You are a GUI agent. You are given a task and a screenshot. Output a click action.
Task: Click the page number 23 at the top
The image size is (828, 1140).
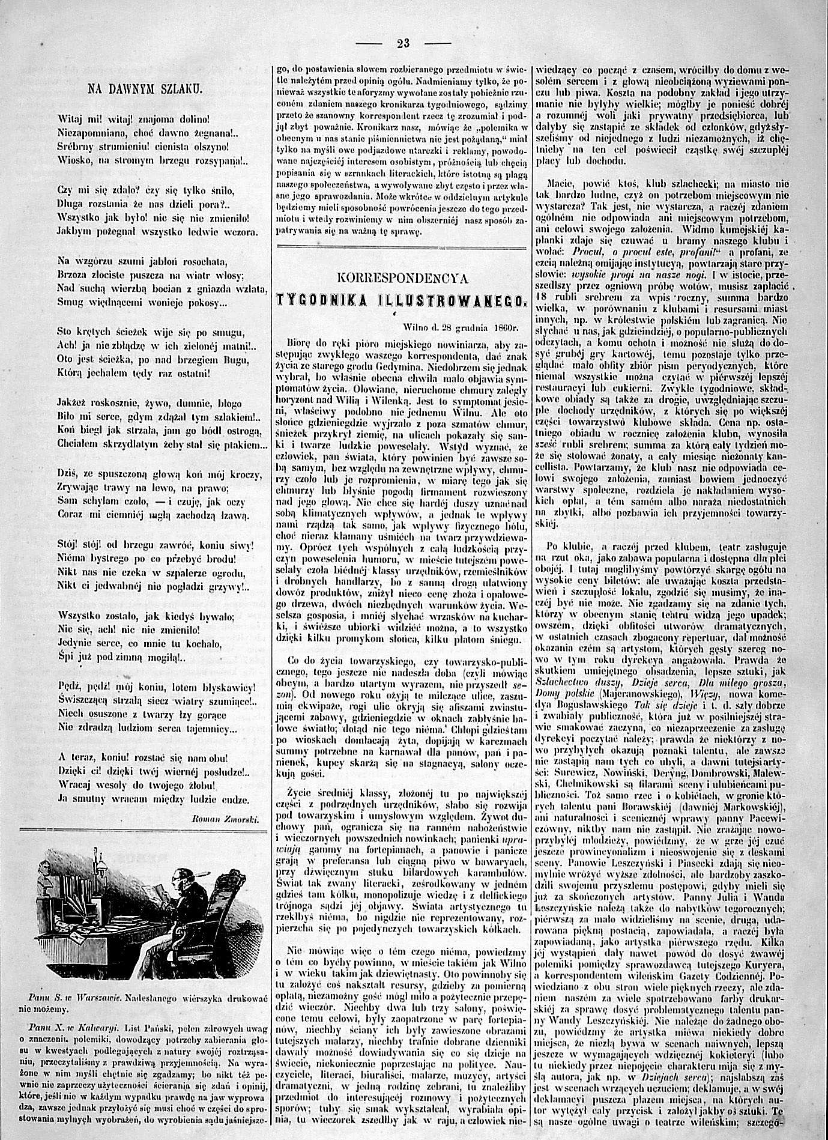point(402,43)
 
